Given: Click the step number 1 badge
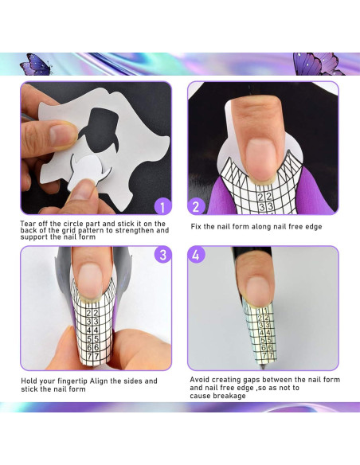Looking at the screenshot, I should coord(162,207).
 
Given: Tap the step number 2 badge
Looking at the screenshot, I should coord(198,207).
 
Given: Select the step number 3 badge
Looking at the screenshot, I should coord(162,255).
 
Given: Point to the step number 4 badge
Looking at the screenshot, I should coord(198,255).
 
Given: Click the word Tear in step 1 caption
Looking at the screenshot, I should coord(28,224).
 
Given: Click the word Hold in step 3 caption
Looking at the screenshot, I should coord(29,381).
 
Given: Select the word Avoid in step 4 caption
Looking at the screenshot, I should coord(200,380).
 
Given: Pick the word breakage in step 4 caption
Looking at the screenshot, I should coord(230,396).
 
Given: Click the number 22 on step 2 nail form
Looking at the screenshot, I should coord(265,196).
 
